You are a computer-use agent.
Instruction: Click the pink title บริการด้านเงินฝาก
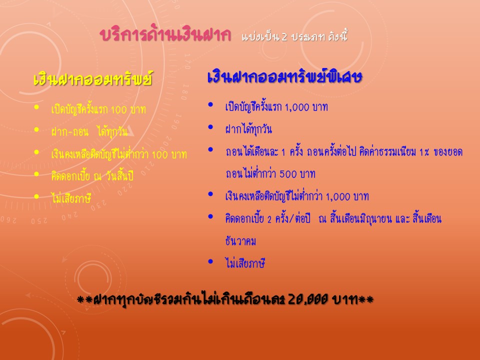165,34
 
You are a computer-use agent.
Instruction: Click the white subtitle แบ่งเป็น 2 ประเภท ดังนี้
294,36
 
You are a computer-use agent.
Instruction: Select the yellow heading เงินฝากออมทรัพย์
93,78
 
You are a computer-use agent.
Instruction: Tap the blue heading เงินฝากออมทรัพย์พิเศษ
285,76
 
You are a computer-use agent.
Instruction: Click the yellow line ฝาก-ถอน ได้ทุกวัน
89,131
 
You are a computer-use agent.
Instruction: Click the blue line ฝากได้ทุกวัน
248,129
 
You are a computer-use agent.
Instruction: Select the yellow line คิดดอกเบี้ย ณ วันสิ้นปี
92,176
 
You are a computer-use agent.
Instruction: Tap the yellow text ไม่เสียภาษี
71,198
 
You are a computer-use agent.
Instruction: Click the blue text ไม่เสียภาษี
245,263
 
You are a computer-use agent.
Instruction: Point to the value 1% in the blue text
424,152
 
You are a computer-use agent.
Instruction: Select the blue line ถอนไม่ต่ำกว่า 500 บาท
270,173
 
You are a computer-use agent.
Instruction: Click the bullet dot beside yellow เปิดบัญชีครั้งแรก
36,107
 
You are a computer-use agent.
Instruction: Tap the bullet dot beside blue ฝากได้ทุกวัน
210,127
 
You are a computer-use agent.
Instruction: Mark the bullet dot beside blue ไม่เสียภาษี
210,261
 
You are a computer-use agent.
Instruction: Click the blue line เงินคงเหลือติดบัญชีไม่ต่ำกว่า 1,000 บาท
297,196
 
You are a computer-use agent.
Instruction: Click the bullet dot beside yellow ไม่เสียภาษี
36,196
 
